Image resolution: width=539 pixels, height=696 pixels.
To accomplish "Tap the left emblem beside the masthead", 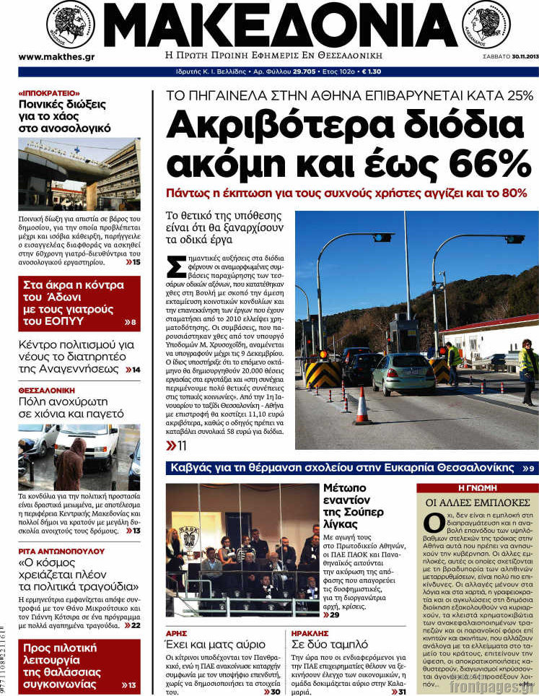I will coord(70,24).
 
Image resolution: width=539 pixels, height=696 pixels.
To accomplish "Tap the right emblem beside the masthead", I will coord(486,23).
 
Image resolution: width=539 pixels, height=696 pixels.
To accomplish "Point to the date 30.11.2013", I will coord(517,58).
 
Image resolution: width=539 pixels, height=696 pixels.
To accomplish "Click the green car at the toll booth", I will coord(403,373).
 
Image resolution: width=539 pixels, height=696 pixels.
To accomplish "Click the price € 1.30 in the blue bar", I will coord(371,72).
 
